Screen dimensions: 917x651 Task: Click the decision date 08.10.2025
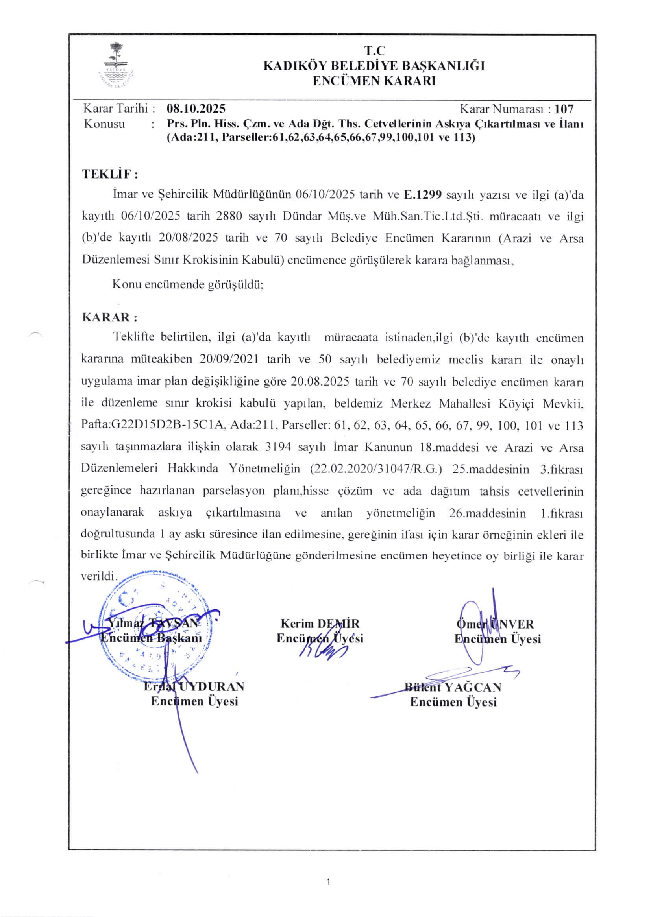(x=196, y=109)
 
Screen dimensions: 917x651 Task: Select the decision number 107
(x=564, y=109)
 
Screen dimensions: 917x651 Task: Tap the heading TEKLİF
(x=110, y=174)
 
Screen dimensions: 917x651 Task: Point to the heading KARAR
(x=109, y=318)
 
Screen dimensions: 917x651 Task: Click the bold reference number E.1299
(x=422, y=195)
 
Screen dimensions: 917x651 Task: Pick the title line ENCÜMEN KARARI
(x=374, y=81)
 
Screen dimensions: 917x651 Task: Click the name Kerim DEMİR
(x=320, y=624)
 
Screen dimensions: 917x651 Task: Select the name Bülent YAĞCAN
(x=453, y=687)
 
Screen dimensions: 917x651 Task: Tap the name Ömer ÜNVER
(x=495, y=624)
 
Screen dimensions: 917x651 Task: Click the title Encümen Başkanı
(x=151, y=638)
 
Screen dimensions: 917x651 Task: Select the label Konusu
(x=104, y=124)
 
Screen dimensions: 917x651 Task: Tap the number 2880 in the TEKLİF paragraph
(x=229, y=217)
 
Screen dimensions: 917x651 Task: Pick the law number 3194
(x=278, y=447)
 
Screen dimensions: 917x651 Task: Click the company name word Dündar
(x=302, y=217)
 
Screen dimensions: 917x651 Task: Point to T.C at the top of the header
(x=374, y=51)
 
